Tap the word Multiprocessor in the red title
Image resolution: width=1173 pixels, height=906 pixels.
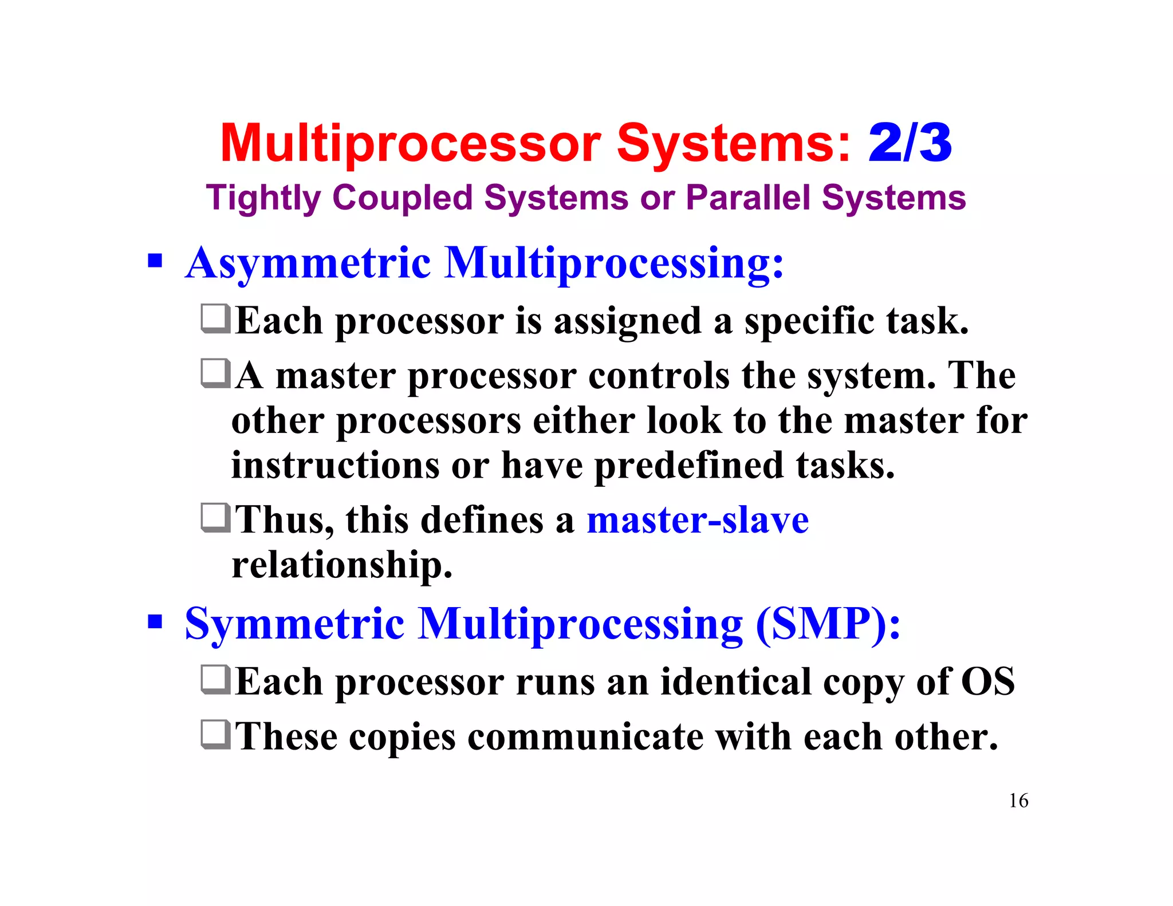(410, 144)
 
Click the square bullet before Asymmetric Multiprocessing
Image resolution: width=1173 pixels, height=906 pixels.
(155, 261)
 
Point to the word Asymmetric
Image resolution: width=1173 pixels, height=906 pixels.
(308, 263)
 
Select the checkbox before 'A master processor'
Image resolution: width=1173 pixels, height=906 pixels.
(216, 373)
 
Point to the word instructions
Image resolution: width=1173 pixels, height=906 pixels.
(335, 465)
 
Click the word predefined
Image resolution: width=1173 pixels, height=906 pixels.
(689, 466)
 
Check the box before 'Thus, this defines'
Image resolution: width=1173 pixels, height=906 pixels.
(216, 518)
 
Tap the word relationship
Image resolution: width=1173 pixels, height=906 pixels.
(341, 566)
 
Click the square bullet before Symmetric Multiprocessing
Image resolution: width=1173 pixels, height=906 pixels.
(155, 621)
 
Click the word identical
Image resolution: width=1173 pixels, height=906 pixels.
(735, 683)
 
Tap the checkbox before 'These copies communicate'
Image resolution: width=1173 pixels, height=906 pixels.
(216, 735)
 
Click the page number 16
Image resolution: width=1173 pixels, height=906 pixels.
(1018, 800)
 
